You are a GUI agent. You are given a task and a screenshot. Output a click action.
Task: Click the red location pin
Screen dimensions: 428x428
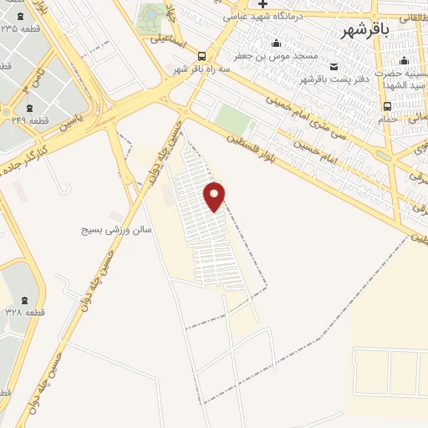click(215, 196)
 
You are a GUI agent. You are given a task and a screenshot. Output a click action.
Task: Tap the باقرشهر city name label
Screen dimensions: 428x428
click(364, 31)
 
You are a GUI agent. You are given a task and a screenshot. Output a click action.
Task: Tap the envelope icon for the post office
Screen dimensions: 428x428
click(334, 67)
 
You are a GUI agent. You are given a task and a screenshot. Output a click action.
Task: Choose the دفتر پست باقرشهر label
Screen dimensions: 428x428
click(335, 79)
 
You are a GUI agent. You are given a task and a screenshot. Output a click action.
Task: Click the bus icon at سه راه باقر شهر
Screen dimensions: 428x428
click(201, 56)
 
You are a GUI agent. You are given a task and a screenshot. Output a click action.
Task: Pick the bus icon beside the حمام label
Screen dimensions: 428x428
click(387, 106)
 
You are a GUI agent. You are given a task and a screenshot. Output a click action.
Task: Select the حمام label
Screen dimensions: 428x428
click(387, 120)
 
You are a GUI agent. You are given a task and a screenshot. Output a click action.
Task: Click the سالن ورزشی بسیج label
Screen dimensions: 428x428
click(116, 228)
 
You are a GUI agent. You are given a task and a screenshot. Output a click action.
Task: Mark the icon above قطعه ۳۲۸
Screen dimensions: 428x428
click(23, 299)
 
